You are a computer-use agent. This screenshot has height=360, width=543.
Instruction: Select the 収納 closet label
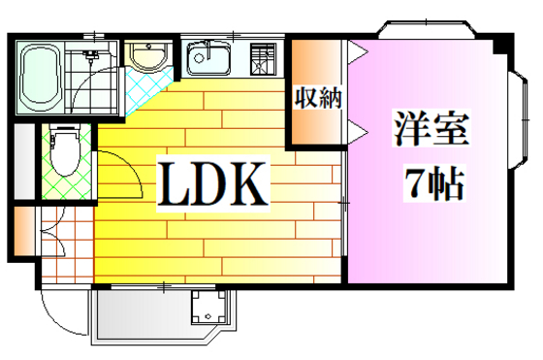pos(317,98)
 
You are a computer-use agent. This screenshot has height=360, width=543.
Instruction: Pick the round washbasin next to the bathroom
pos(147,59)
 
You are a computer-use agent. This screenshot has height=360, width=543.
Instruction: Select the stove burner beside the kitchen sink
pos(262,59)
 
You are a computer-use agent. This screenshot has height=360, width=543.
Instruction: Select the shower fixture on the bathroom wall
pos(91,52)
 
